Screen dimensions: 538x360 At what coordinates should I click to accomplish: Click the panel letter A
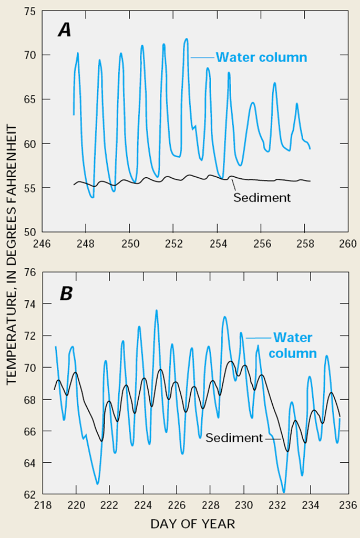(64, 31)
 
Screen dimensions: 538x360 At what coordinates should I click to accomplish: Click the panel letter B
(66, 293)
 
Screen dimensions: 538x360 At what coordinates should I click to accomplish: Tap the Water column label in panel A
(261, 57)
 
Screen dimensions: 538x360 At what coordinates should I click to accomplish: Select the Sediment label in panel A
(261, 198)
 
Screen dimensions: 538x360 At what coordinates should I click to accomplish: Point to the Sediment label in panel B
(234, 438)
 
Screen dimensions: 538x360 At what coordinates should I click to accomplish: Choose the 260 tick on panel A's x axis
(347, 243)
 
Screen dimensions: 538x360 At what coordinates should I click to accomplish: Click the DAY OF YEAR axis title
(192, 524)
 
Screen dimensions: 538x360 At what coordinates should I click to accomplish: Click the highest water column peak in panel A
(186, 38)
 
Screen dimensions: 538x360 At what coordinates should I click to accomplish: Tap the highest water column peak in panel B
(156, 310)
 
